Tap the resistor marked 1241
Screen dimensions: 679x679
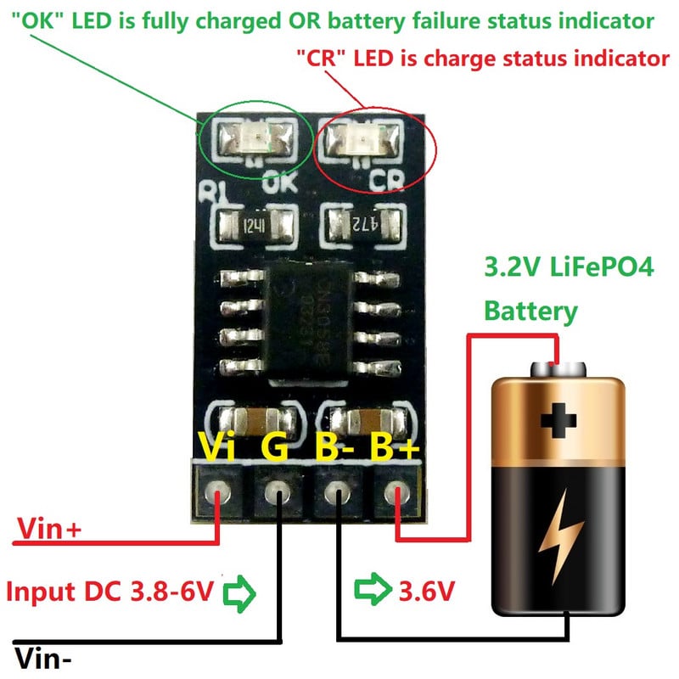pyautogui.click(x=258, y=226)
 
